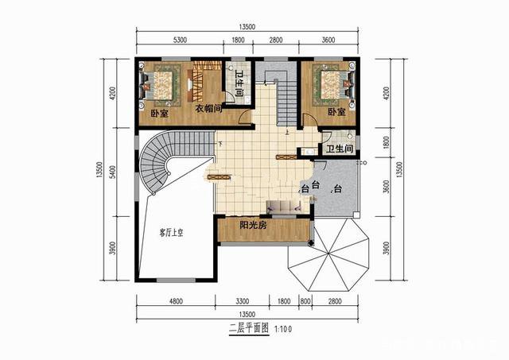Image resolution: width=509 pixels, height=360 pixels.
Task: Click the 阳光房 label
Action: pos(254,226)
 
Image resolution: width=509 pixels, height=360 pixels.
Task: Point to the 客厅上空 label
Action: pos(171,233)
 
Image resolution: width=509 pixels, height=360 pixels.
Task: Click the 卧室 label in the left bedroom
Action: pos(160,113)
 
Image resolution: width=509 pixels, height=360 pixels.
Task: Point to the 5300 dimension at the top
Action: pos(179,41)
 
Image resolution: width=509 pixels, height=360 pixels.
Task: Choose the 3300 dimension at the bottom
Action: pos(244,301)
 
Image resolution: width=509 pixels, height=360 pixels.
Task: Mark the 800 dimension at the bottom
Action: pos(305,301)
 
